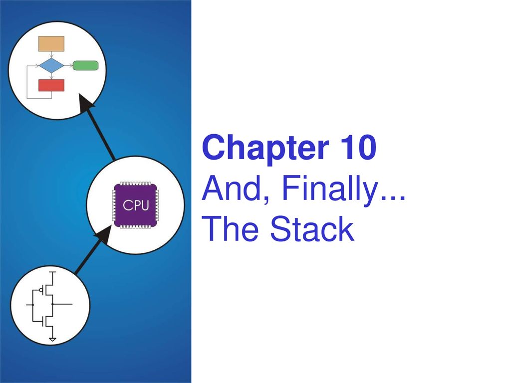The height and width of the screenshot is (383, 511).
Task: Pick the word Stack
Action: (312, 229)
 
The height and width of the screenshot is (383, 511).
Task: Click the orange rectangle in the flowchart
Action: (51, 44)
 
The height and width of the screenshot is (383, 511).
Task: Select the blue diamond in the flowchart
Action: (51, 65)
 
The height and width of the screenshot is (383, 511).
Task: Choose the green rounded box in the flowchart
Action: (85, 65)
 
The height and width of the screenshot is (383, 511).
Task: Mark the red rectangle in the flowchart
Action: (51, 85)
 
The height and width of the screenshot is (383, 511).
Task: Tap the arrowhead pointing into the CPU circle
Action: (104, 234)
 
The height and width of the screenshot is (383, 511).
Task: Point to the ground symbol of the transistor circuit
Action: (52, 340)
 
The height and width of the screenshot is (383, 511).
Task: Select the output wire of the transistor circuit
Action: (62, 304)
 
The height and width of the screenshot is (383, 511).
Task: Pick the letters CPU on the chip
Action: (136, 205)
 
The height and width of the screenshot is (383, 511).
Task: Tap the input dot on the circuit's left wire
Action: (32, 305)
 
